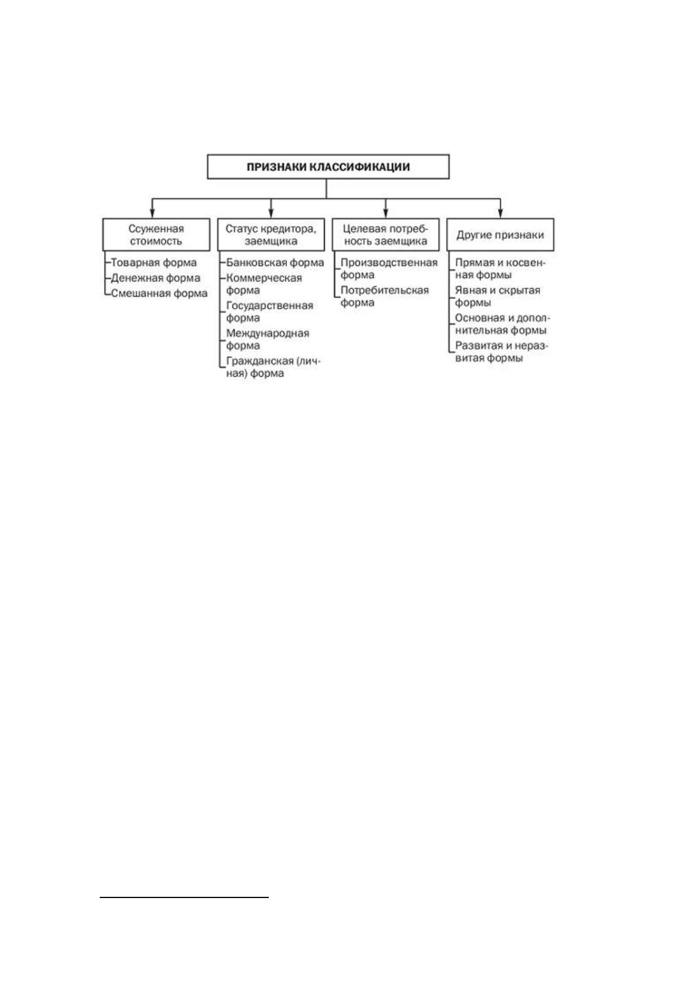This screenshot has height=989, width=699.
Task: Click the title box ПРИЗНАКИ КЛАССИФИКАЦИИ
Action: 328,167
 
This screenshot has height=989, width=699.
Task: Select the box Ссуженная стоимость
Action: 156,234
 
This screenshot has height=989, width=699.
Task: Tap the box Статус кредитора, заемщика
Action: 271,234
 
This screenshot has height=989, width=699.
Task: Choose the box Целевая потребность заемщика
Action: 386,234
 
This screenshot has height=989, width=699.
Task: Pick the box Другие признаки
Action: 500,234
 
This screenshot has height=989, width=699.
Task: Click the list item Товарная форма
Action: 154,263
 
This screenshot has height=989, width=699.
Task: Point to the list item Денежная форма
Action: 156,278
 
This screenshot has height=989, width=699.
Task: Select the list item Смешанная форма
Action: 159,293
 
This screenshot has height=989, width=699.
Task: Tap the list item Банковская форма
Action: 275,263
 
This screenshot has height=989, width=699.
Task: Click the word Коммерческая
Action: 264,278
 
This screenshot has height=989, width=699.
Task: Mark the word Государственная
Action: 269,306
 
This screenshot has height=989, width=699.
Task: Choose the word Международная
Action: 268,333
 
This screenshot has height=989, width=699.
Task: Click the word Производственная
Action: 389,263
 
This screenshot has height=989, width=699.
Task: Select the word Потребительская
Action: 384,290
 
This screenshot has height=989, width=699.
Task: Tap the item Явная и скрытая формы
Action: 497,296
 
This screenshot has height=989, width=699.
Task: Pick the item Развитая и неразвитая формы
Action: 502,352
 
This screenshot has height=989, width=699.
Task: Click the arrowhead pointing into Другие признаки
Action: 500,214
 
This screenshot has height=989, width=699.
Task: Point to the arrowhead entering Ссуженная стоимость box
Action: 153,214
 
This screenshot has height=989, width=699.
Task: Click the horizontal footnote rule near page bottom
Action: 184,897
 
